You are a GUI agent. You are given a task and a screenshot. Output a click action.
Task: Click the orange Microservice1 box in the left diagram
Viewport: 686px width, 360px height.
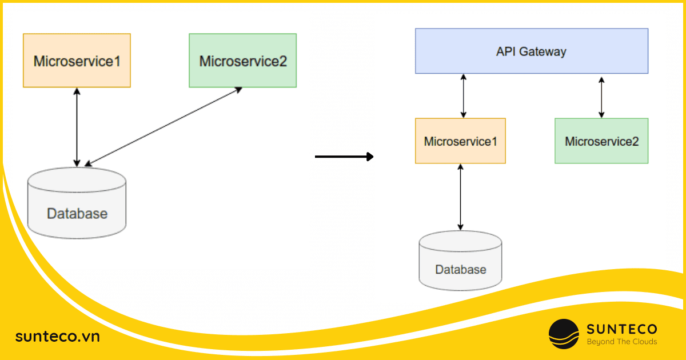[x=77, y=60]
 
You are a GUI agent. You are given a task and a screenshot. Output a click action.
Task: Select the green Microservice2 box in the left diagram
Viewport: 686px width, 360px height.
[x=242, y=60]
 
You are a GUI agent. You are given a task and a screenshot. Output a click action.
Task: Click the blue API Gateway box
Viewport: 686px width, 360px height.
[x=532, y=51]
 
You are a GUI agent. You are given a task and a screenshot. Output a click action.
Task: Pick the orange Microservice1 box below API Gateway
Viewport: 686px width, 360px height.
[x=460, y=141]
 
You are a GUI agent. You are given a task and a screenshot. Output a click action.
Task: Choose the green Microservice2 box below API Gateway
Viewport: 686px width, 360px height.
[x=601, y=141]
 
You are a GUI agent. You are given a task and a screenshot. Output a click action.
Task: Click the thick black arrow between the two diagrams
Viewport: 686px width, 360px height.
[x=344, y=156]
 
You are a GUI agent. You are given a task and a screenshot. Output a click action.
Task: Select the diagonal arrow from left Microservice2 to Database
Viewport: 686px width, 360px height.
[x=163, y=126]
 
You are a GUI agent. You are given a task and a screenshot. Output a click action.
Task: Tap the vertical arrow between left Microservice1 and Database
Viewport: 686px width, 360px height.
[x=77, y=127]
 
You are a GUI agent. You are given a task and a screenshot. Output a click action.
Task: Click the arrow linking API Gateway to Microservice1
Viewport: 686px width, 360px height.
[x=464, y=95]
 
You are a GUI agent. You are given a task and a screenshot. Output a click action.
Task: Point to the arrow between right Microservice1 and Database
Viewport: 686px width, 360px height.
[x=460, y=197]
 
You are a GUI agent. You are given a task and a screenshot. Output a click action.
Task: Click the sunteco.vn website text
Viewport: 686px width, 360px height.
[x=57, y=337]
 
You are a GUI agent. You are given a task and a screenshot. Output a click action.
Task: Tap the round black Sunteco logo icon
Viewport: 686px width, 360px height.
[x=564, y=334]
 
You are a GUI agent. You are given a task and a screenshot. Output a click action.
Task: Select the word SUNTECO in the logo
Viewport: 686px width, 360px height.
[x=622, y=329]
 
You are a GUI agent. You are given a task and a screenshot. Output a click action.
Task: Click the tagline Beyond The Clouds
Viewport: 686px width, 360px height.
[x=622, y=342]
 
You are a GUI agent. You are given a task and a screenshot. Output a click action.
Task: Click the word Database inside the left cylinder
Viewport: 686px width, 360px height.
[x=77, y=214]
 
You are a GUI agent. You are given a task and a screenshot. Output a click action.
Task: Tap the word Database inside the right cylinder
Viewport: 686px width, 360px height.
[x=460, y=269]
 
